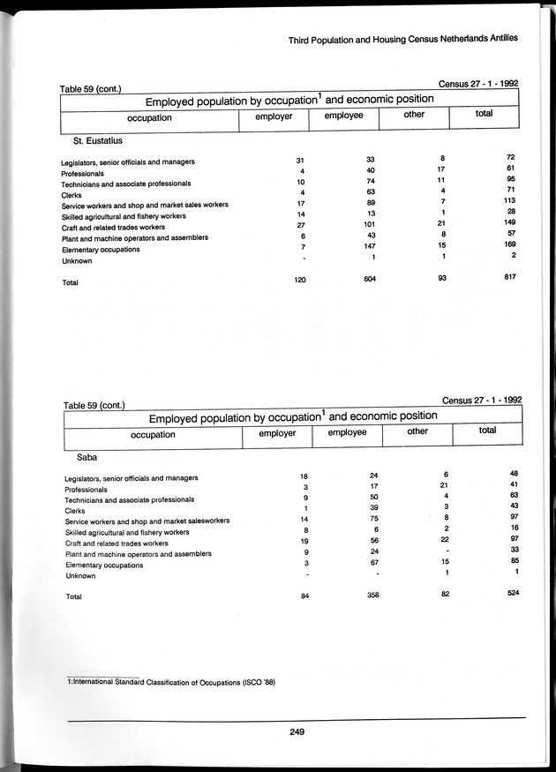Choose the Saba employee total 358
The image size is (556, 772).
tap(371, 596)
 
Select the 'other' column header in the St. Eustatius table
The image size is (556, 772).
tap(413, 115)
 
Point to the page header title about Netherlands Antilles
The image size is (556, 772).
tap(402, 39)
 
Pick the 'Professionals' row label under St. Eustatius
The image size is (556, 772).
tap(83, 173)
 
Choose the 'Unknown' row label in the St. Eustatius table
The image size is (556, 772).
tap(76, 261)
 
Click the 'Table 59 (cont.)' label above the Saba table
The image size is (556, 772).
tap(94, 405)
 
